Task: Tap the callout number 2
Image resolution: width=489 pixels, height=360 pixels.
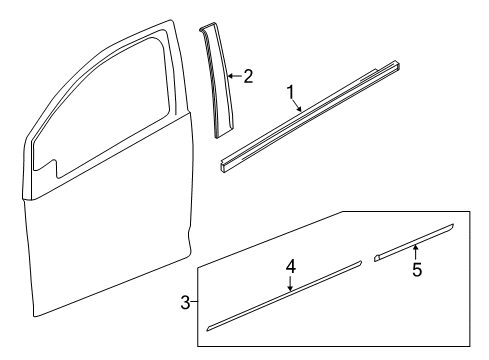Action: coord(248,74)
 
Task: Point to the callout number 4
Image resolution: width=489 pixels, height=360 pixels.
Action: coord(290,267)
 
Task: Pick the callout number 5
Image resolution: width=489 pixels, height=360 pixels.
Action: coord(415,269)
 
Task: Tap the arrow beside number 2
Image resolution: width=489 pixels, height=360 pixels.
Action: coord(234,75)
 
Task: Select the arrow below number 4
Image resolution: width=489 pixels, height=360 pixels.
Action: coord(290,284)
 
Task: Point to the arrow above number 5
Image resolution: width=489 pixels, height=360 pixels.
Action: coord(415,252)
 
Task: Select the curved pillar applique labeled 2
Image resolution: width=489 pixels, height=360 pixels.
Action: coord(219,80)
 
